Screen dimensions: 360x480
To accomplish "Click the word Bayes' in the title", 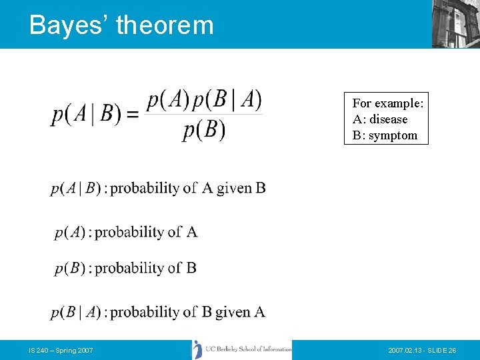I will (x=68, y=25).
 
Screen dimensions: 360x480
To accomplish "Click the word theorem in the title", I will (x=165, y=25).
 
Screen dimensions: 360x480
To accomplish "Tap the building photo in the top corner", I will (x=455, y=23).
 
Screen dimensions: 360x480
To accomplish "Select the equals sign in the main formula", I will (x=133, y=115).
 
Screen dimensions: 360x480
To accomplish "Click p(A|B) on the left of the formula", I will (x=86, y=115).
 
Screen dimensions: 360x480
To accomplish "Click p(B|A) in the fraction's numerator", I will (x=234, y=100).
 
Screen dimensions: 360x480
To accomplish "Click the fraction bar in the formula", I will (x=204, y=115).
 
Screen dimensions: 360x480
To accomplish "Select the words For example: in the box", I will (x=388, y=103).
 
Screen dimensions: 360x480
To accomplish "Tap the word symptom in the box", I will (x=393, y=135).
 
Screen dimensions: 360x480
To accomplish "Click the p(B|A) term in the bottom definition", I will (x=76, y=312).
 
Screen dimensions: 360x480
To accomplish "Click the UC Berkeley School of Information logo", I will (x=242, y=349).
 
